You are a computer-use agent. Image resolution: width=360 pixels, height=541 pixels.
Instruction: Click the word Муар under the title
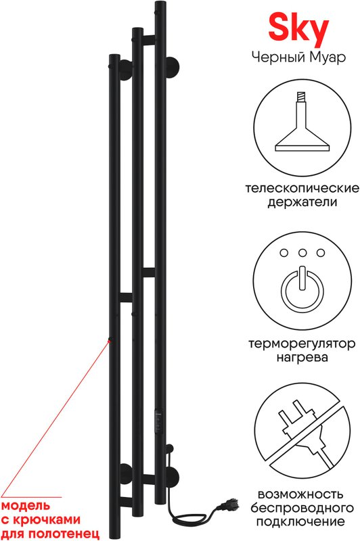click(328, 57)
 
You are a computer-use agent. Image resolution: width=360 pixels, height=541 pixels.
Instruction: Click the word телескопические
click(302, 189)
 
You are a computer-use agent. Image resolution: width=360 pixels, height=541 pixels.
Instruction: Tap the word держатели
click(302, 202)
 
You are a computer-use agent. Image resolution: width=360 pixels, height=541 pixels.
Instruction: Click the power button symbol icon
click(302, 289)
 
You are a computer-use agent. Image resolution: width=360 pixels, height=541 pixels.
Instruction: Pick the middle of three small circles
click(302, 253)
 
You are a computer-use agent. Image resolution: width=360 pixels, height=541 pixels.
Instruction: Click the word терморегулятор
click(302, 344)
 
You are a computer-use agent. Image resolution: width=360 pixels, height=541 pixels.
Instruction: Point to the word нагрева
click(302, 358)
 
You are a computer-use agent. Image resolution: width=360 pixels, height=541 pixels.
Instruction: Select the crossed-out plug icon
click(302, 435)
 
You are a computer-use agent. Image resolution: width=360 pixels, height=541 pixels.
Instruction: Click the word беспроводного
click(302, 508)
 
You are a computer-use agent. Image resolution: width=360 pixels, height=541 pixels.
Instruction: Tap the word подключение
click(302, 521)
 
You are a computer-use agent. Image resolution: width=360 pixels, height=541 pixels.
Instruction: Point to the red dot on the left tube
click(110, 340)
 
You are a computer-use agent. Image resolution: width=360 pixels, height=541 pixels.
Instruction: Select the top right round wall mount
click(172, 66)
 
